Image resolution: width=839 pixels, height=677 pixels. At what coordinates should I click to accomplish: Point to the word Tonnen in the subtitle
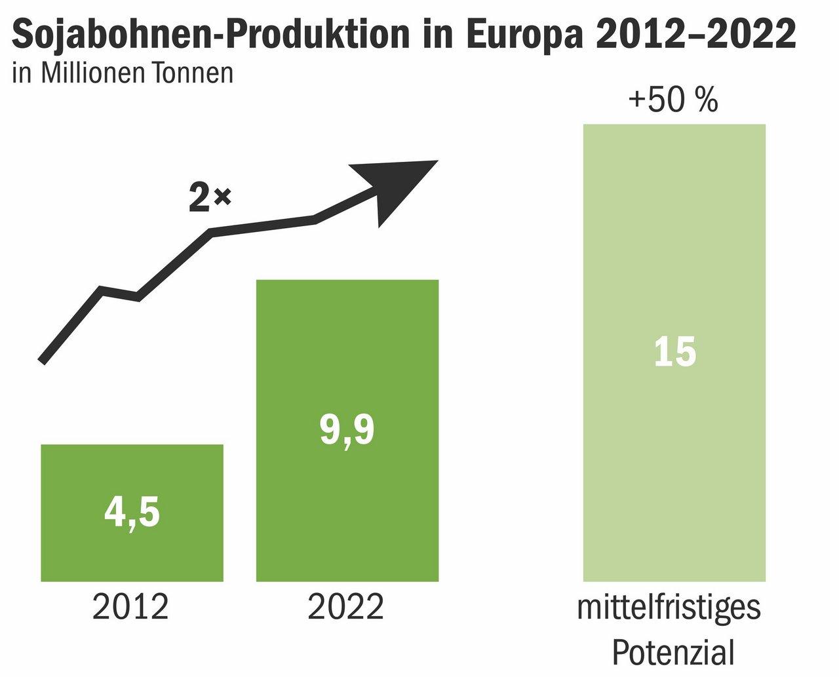(193, 73)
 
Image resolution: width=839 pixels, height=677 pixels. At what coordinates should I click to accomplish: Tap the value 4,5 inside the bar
(132, 513)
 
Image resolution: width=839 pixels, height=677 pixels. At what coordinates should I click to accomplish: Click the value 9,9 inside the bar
(347, 431)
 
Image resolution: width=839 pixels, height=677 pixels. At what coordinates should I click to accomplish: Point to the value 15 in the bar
(674, 352)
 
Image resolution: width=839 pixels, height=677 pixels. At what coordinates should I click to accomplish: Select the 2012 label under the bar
(130, 608)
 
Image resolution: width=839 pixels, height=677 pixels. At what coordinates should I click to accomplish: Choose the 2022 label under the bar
(345, 608)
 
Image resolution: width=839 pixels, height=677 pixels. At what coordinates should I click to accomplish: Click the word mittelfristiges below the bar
(669, 608)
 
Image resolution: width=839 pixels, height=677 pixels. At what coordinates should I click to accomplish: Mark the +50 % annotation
(673, 102)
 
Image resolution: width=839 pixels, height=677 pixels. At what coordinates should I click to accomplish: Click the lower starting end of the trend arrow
(44, 358)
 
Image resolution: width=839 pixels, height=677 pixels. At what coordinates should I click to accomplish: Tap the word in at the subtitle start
(22, 73)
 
